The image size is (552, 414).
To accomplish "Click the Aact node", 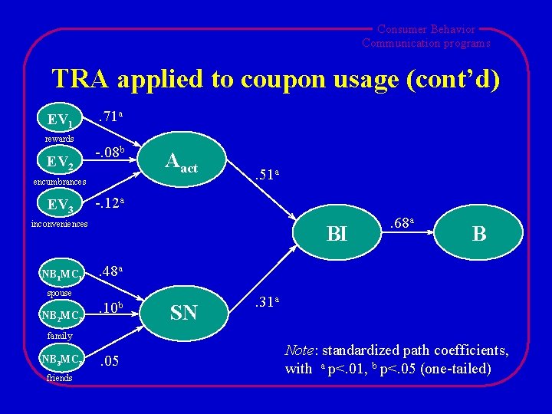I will pos(181,163).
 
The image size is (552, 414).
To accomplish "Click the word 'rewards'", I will pos(59,139).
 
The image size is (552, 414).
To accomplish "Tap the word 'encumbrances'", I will pos(59,182).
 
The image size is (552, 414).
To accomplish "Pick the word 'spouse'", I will pos(59,293).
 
